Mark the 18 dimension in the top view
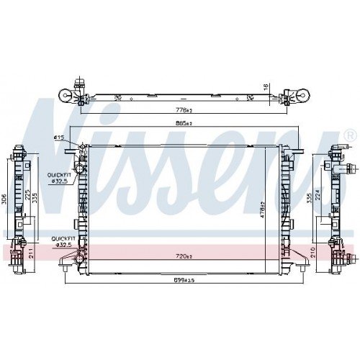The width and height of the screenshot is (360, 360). pyautogui.click(x=266, y=86)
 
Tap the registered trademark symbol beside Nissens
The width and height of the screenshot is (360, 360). pyautogui.click(x=350, y=135)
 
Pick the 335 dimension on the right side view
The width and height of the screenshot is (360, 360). pyautogui.click(x=309, y=198)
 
